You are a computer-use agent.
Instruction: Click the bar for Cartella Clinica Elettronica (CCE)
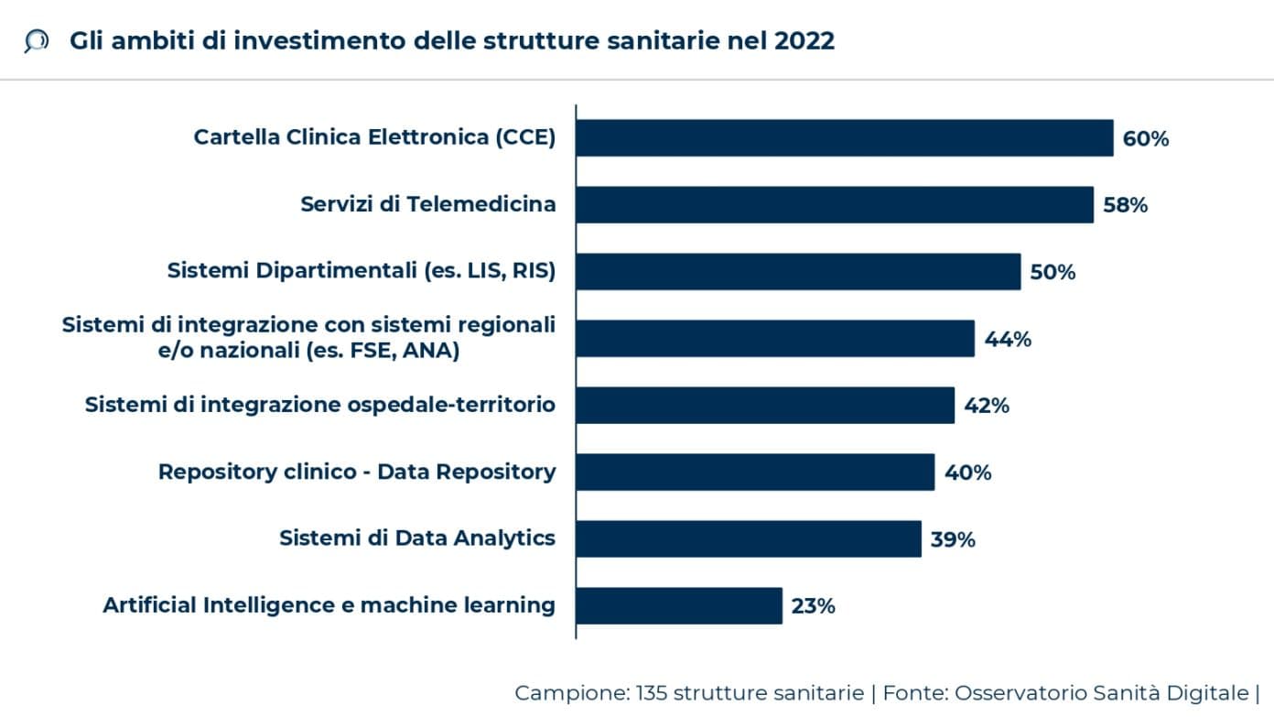coord(844,138)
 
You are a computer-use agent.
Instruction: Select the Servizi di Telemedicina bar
coord(834,205)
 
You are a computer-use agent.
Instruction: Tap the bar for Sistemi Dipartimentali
coord(797,272)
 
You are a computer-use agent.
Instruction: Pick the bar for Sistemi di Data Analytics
coord(748,539)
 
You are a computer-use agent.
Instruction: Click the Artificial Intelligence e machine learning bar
coord(678,606)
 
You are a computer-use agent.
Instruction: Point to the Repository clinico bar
coord(754,473)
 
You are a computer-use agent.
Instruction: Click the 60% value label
coord(1146,139)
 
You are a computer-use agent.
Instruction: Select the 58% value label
coord(1125,205)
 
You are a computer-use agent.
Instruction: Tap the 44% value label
coord(1008,339)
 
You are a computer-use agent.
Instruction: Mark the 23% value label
coord(813,606)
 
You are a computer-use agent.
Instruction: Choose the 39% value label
coord(953,539)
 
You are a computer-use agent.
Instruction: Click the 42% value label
coord(987,406)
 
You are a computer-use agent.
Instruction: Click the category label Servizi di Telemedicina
coord(427,204)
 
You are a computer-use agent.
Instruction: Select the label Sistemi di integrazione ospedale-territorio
coord(320,405)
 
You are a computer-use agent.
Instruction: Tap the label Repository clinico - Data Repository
coord(357,472)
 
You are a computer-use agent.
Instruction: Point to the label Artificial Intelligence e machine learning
coord(329,605)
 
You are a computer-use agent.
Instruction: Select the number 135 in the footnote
coord(652,693)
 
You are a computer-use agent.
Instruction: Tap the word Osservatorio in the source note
coord(1011,693)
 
